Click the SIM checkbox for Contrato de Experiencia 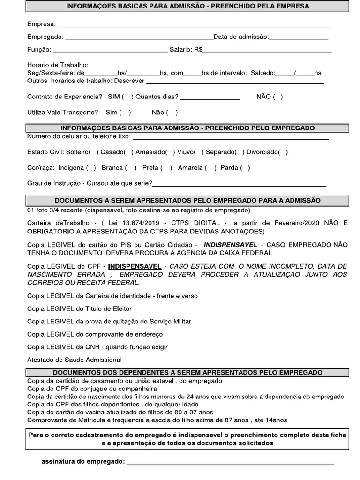tap(127, 97)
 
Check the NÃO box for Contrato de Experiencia tap(277, 97)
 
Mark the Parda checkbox tap(245, 168)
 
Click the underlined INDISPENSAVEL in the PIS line tap(227, 245)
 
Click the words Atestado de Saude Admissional tap(74, 360)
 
